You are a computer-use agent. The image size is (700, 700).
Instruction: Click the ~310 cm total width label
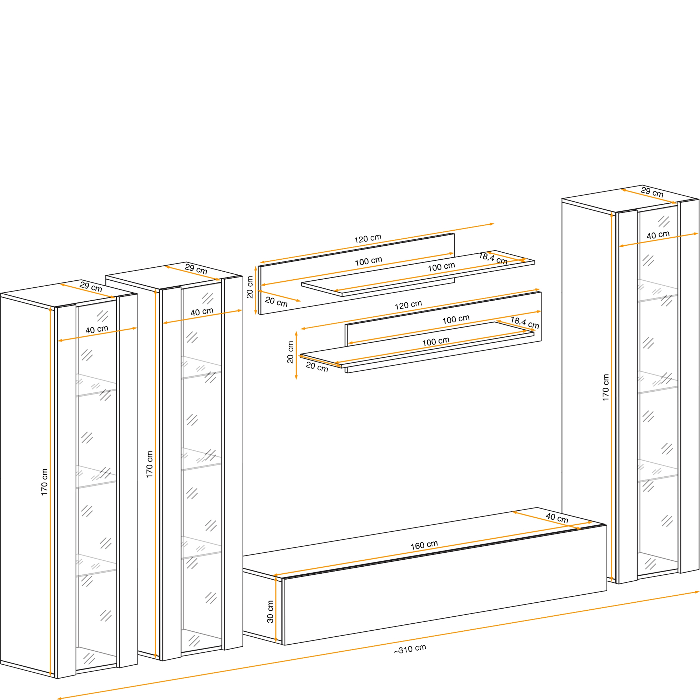(x=410, y=649)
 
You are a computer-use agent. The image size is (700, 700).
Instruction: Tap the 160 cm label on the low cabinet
(x=424, y=545)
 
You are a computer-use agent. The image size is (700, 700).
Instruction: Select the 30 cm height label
(x=270, y=611)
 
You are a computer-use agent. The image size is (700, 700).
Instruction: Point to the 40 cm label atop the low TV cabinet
(x=557, y=518)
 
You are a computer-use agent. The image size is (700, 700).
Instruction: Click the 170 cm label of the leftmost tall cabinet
(x=44, y=482)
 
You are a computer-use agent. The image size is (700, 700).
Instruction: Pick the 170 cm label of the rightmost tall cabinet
(x=605, y=387)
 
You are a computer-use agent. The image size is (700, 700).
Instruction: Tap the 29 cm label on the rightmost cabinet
(x=652, y=192)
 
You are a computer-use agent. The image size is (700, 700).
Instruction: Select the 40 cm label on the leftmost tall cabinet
(x=97, y=329)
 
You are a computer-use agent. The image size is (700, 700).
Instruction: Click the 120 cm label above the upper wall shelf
(x=367, y=239)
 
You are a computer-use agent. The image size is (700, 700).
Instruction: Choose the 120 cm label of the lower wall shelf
(x=408, y=305)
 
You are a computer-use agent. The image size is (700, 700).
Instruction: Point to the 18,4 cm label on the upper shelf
(x=493, y=259)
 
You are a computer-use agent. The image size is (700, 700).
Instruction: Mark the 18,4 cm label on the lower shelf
(x=525, y=323)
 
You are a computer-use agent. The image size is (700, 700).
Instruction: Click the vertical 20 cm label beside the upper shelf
(x=250, y=287)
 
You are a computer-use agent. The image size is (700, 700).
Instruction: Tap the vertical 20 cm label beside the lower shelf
(x=290, y=352)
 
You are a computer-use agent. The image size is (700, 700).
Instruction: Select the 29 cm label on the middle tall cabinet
(x=196, y=269)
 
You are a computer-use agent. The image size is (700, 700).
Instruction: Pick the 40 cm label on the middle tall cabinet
(x=202, y=311)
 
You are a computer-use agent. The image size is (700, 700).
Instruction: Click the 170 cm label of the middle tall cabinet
(x=150, y=464)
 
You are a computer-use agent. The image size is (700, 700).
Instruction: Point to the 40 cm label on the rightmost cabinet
(x=658, y=235)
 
